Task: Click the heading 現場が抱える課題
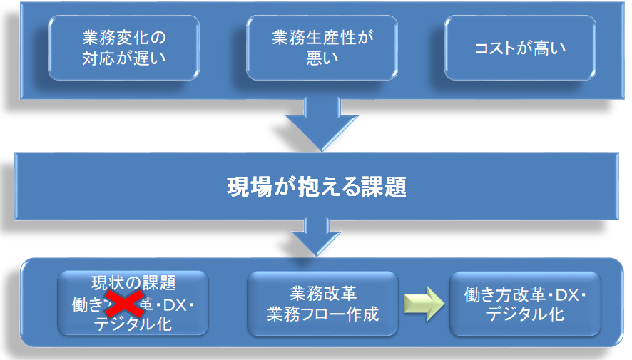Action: pyautogui.click(x=316, y=187)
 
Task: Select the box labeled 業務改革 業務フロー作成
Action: pyautogui.click(x=322, y=303)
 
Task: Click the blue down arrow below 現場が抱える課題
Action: pyautogui.click(x=316, y=235)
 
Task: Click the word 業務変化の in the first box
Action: pyautogui.click(x=123, y=37)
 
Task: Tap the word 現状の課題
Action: pyautogui.click(x=133, y=283)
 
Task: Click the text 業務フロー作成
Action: pyautogui.click(x=322, y=313)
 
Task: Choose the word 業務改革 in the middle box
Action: pyautogui.click(x=322, y=293)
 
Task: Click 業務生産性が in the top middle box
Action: pyautogui.click(x=322, y=37)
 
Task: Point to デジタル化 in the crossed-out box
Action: pyautogui.click(x=133, y=324)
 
